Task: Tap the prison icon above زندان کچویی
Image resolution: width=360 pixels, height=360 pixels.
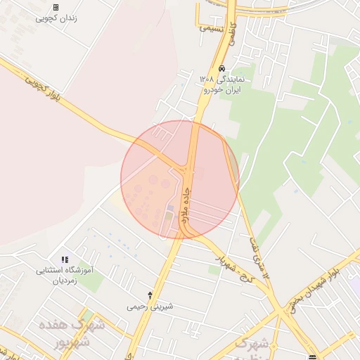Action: (56, 7)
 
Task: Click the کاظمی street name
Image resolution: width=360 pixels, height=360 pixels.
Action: (233, 39)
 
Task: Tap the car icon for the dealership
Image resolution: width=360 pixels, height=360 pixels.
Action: (222, 69)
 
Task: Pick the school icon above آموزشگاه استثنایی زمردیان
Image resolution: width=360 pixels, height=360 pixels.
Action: (65, 259)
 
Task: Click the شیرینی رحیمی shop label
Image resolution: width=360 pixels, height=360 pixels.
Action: (150, 307)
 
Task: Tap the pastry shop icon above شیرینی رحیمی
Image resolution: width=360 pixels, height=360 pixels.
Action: (150, 295)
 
